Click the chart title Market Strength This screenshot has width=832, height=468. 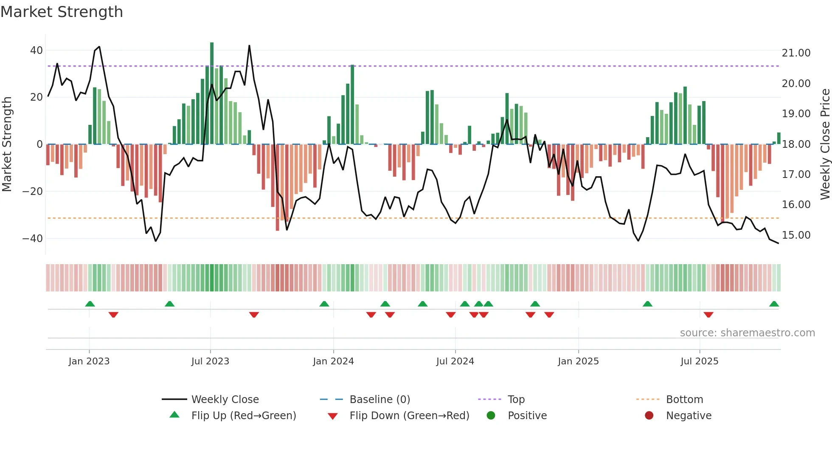[62, 12]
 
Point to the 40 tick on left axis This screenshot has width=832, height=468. [37, 51]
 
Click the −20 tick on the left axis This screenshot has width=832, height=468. [33, 192]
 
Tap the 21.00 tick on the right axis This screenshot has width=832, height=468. [796, 53]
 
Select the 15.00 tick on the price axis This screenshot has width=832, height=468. [796, 235]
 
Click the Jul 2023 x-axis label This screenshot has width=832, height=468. [210, 361]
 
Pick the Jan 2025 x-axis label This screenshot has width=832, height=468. [578, 361]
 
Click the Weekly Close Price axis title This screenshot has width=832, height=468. [825, 144]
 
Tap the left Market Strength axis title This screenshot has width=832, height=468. [7, 144]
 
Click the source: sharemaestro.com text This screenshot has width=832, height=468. [747, 333]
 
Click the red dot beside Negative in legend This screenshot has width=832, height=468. [649, 416]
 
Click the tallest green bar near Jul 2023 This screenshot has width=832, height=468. [212, 93]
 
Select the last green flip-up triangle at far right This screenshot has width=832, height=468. [774, 304]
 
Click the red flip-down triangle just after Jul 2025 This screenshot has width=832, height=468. [708, 315]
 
